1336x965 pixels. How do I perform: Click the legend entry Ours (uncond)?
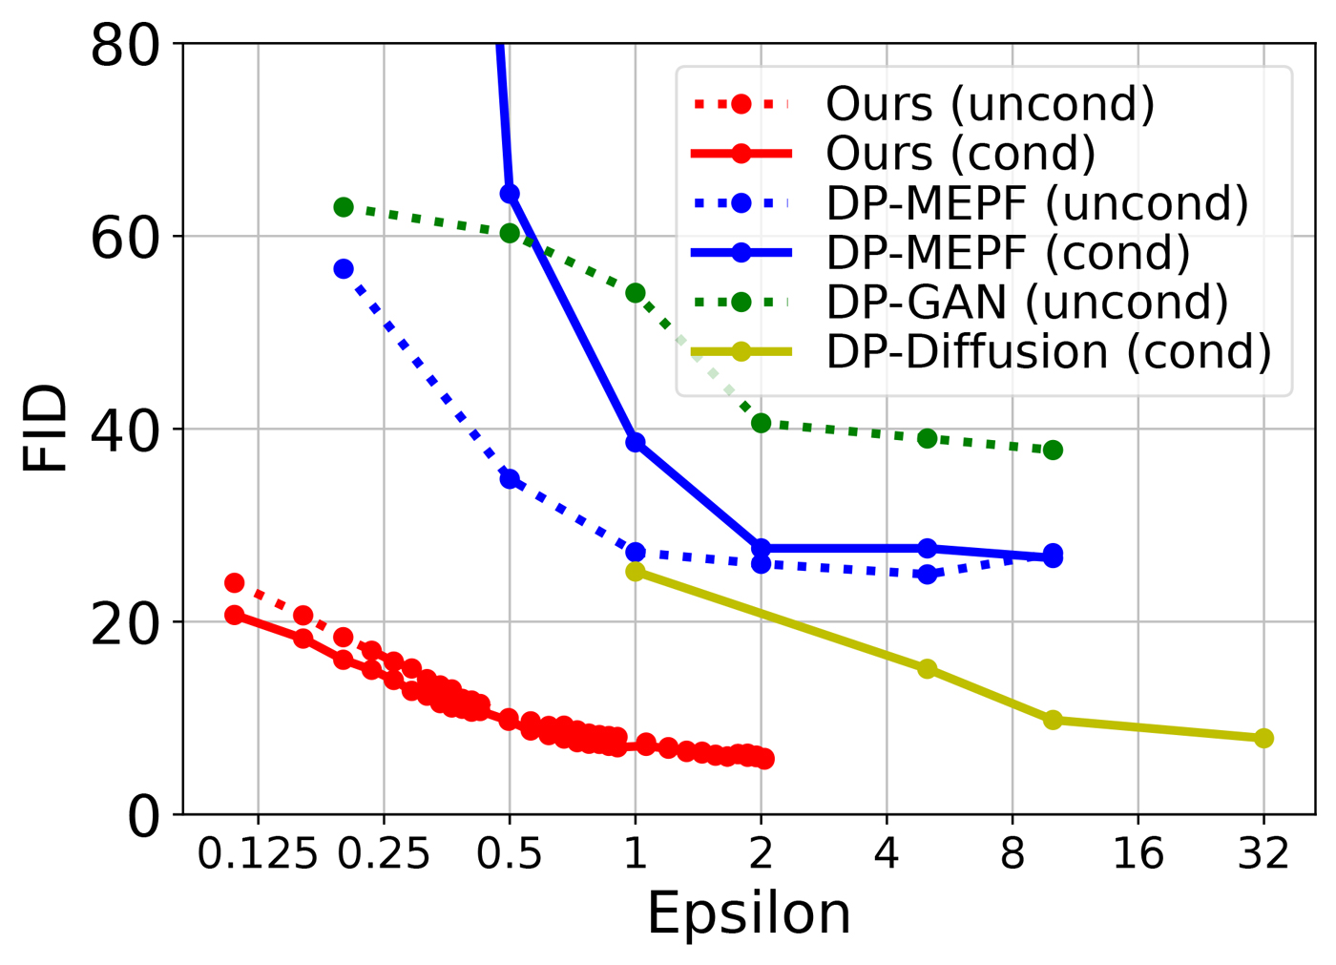[990, 104]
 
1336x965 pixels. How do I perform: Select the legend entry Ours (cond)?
[960, 154]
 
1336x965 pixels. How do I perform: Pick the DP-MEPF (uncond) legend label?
[1037, 203]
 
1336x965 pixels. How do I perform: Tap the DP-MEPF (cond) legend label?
[1008, 253]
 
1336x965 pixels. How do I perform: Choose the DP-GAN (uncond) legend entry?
[1027, 303]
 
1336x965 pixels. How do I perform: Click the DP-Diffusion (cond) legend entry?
[1049, 352]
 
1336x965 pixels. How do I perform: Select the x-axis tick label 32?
[1263, 852]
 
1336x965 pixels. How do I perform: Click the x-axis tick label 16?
[1138, 852]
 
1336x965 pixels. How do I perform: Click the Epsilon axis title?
[749, 913]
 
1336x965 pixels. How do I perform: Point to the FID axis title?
[46, 428]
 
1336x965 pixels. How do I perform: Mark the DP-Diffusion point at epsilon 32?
[1263, 738]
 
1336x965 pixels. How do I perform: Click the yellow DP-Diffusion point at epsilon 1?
[636, 572]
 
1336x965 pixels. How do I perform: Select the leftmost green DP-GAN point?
[344, 207]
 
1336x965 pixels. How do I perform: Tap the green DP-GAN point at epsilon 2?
[761, 423]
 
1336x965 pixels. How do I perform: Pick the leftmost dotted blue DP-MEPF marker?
[344, 269]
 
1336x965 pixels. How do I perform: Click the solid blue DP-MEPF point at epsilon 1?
[636, 442]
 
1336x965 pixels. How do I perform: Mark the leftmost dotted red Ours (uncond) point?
[235, 583]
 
